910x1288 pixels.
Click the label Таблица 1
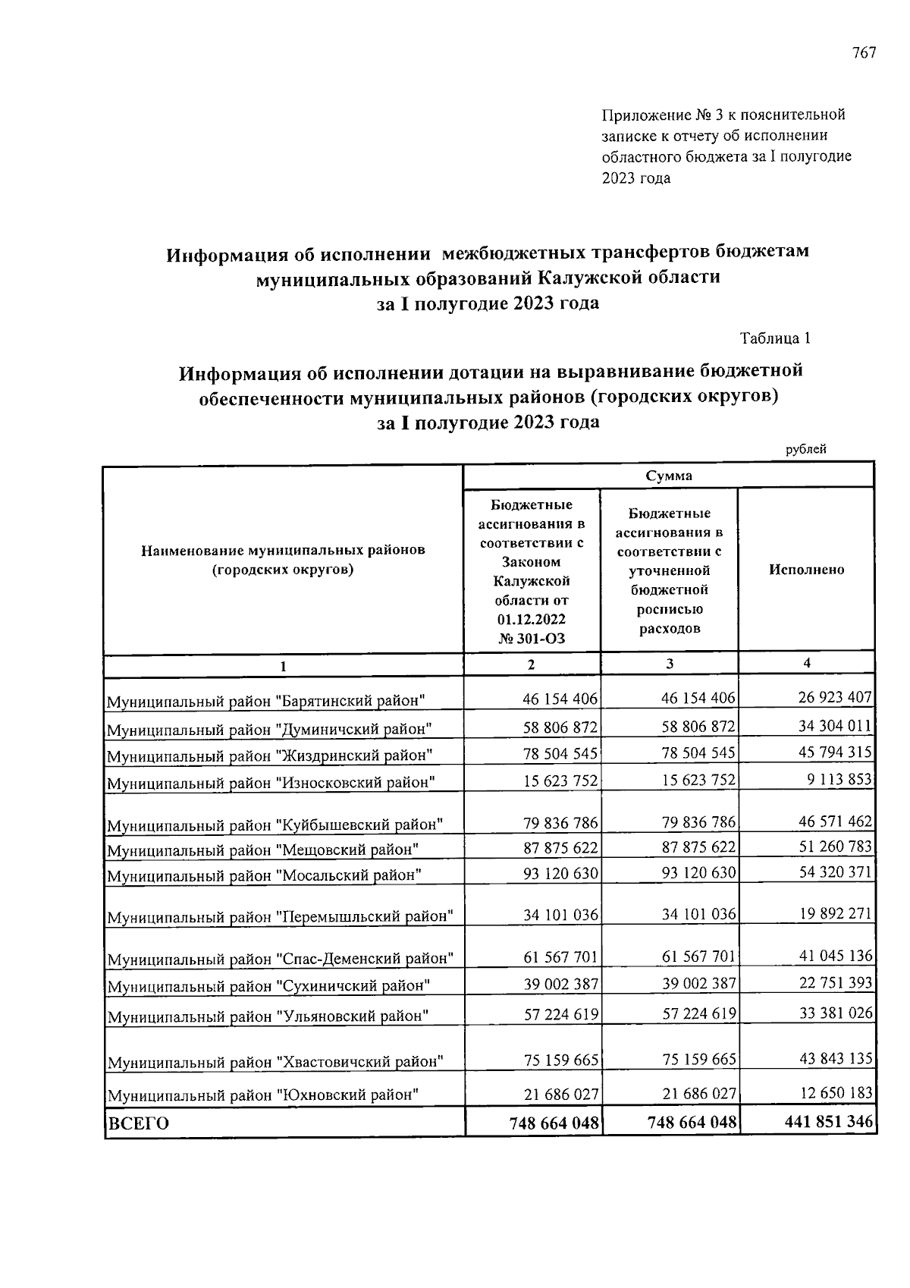pyautogui.click(x=775, y=338)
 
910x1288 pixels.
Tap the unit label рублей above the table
pyautogui.click(x=805, y=449)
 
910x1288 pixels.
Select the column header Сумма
pyautogui.click(x=668, y=476)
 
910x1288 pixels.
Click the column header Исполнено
pyautogui.click(x=806, y=570)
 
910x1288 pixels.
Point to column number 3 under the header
pyautogui.click(x=670, y=664)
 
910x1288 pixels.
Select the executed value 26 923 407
pyautogui.click(x=835, y=697)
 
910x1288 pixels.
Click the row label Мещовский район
pyautogui.click(x=263, y=849)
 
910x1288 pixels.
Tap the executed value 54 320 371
pyautogui.click(x=835, y=872)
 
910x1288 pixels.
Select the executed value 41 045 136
pyautogui.click(x=835, y=956)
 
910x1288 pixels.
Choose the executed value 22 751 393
pyautogui.click(x=835, y=983)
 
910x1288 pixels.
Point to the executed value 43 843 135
pyautogui.click(x=835, y=1057)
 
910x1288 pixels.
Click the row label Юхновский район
pyautogui.click(x=262, y=1095)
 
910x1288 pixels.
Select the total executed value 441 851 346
pyautogui.click(x=829, y=1121)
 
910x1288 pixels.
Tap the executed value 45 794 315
pyautogui.click(x=835, y=752)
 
